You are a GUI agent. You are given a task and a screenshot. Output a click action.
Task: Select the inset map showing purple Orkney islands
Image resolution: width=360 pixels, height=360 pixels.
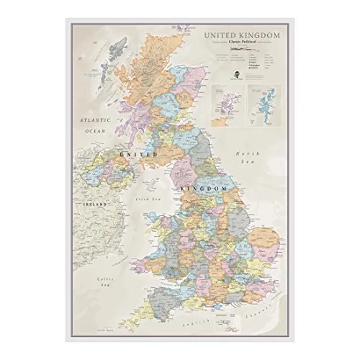(x=225, y=104)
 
